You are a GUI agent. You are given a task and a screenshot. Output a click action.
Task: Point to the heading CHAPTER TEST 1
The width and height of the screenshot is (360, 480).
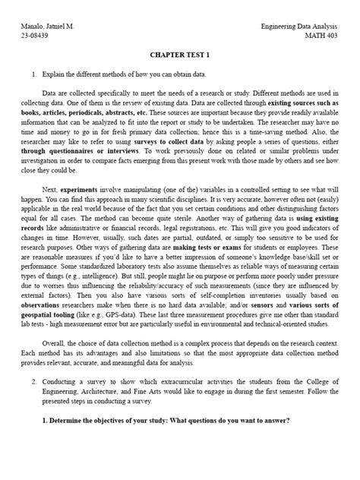click(179, 56)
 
